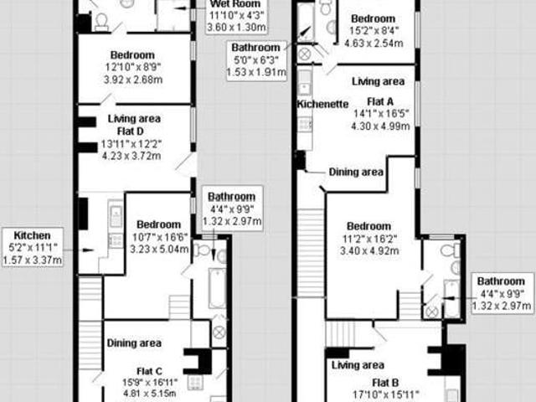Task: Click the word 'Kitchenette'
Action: click(x=322, y=105)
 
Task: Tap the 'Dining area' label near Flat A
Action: click(x=356, y=172)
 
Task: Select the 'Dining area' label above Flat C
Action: click(x=134, y=343)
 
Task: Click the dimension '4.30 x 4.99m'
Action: click(x=381, y=126)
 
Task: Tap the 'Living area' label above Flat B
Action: click(x=358, y=365)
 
